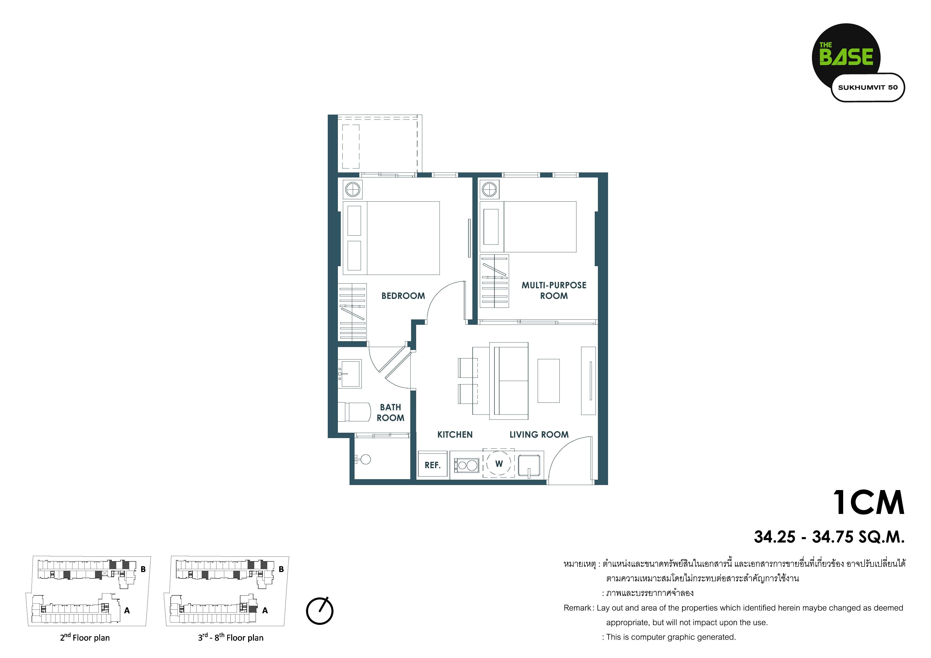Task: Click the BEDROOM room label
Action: [403, 296]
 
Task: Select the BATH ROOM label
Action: [390, 412]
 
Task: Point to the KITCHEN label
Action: [455, 435]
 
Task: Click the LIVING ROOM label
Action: [539, 435]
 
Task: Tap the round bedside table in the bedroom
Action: [353, 189]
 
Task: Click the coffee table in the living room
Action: [549, 381]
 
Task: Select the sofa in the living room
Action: [509, 381]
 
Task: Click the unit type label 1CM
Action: [869, 503]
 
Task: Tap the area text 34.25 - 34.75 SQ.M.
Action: [829, 537]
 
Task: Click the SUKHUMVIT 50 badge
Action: [868, 87]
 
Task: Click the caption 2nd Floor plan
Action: [85, 637]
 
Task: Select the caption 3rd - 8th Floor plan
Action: [231, 637]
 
